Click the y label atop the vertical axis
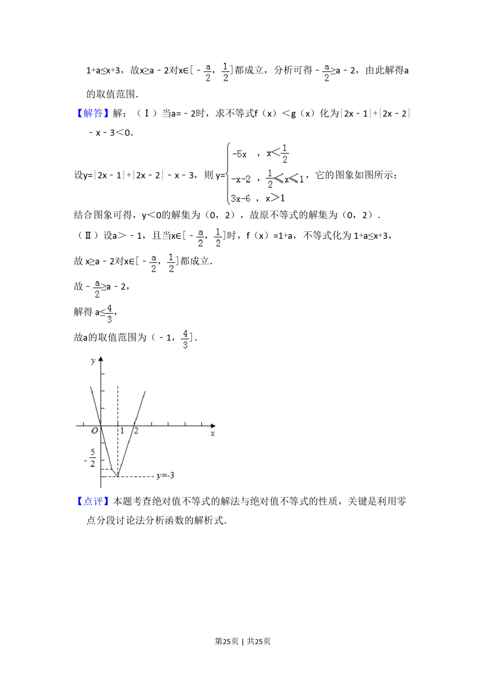93,361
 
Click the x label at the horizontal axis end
212,433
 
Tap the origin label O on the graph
95,431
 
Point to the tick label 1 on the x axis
122,431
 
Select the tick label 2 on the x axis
136,431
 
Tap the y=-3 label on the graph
165,476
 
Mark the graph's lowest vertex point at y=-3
118,477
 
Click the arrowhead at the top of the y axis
101,359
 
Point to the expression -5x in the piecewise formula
239,154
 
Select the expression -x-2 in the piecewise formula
241,179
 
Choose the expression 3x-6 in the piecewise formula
241,198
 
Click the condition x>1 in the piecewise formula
275,198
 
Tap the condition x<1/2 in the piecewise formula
278,153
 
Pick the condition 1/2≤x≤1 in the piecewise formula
285,179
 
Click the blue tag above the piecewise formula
93,114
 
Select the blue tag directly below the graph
93,502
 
